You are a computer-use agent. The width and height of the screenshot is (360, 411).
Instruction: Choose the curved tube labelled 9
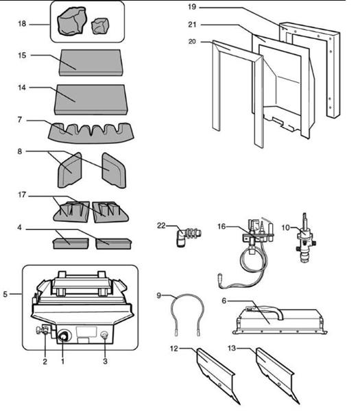pyautogui.click(x=184, y=314)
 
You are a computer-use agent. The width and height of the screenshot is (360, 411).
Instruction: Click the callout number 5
pyautogui.click(x=5, y=295)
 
